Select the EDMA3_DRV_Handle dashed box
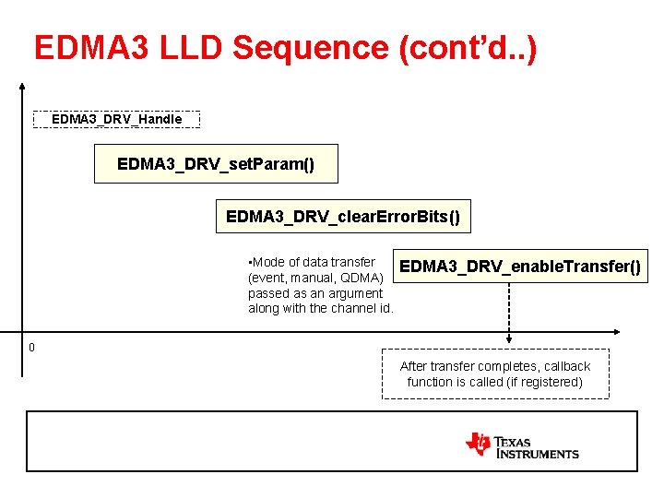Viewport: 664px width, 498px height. click(116, 119)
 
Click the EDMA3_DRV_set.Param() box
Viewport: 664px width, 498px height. click(216, 164)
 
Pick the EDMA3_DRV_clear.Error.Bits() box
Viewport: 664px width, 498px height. click(342, 218)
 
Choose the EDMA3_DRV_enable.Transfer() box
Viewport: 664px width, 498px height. click(519, 267)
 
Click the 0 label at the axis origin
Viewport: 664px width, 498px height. click(31, 348)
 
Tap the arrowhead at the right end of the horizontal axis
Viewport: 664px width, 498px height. click(615, 332)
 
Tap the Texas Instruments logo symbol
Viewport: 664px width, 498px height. click(479, 445)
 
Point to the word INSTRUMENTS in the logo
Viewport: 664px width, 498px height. click(538, 454)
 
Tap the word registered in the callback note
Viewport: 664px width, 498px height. click(547, 382)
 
